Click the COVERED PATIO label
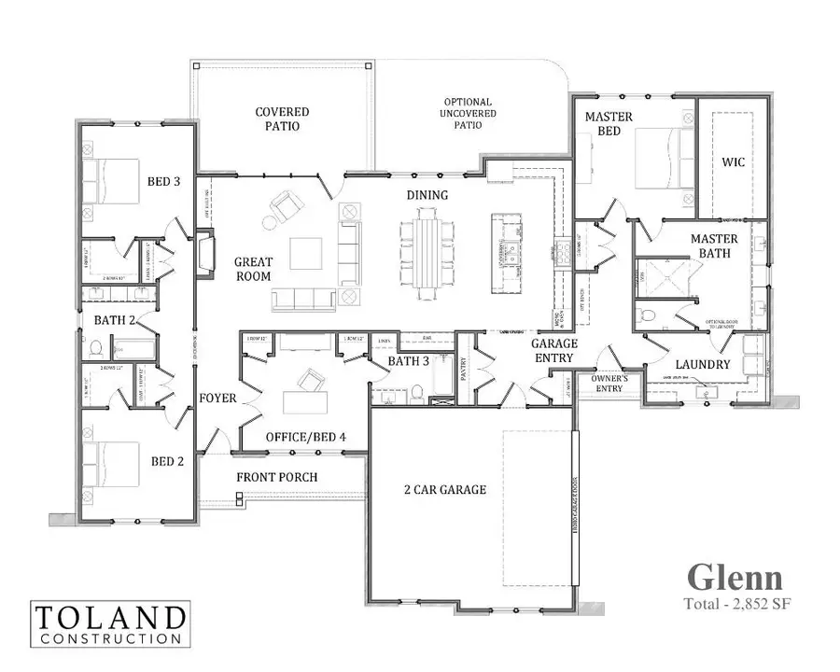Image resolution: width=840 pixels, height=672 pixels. [282, 119]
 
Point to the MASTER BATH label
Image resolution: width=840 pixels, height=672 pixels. [714, 245]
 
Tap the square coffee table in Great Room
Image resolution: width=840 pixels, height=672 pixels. [305, 253]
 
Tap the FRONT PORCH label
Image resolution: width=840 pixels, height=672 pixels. [276, 477]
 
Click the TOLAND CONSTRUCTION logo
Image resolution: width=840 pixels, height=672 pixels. [109, 623]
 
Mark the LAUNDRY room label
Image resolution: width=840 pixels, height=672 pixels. [701, 364]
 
